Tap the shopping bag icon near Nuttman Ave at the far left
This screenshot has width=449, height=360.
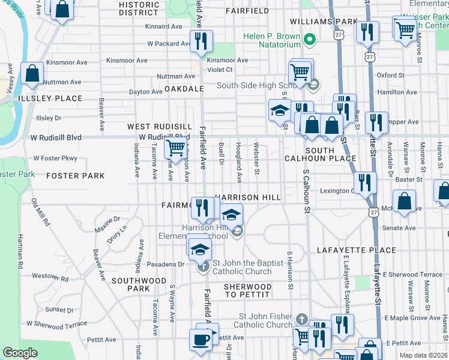point(32,74)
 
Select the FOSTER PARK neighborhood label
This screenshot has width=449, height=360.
point(75,176)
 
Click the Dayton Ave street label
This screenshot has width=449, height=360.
point(146,92)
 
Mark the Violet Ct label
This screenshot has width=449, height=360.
point(220,69)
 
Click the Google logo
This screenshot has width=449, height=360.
point(20,353)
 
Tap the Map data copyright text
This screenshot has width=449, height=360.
point(424,355)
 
